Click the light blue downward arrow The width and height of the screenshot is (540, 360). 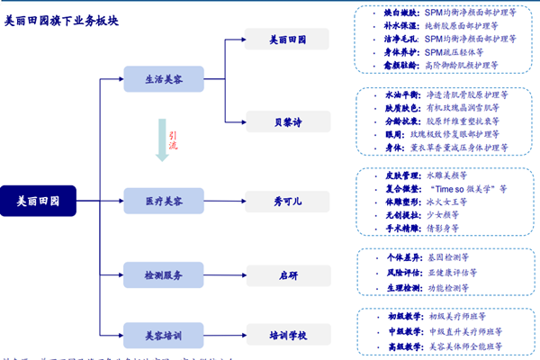163,143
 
